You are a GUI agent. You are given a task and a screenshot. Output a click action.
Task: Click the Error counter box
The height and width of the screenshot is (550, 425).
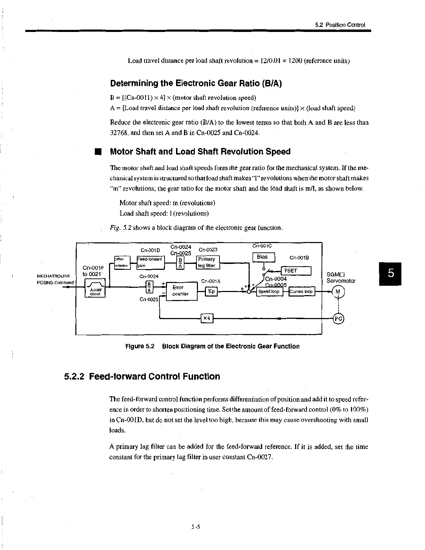pos(182,291)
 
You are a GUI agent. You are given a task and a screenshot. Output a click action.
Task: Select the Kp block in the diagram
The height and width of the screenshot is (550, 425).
pos(211,291)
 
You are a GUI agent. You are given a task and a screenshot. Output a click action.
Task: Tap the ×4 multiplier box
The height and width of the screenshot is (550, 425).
pos(207,318)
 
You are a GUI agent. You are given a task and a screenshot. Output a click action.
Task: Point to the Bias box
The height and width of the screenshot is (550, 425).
pos(264,257)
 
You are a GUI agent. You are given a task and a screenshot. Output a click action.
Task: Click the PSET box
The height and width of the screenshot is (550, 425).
pos(296,271)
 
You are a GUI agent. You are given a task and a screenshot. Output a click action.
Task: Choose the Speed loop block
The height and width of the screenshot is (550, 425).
pos(269,292)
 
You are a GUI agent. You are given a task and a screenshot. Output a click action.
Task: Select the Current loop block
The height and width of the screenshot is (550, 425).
pos(301,292)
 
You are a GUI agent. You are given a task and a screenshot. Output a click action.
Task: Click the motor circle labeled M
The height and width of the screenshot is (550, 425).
pos(338,292)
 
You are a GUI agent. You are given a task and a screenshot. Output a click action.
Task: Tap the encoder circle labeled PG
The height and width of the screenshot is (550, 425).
pos(338,318)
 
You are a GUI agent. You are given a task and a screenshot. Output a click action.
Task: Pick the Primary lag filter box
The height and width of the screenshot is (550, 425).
pos(208,262)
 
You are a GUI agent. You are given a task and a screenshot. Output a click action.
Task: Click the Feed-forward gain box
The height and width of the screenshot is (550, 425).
pos(150,262)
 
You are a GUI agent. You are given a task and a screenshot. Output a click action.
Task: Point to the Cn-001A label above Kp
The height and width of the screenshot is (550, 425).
pos(211,281)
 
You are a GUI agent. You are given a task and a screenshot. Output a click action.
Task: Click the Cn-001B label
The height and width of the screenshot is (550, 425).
pos(299,258)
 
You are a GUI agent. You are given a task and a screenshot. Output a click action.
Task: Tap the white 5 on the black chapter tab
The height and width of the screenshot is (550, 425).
pos(391,274)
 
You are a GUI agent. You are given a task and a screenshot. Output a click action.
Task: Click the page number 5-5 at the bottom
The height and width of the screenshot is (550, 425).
pos(195,527)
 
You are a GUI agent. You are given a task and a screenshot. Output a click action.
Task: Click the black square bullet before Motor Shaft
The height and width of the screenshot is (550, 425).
pos(98,152)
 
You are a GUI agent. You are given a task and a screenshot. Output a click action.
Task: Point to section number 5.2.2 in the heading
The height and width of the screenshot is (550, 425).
pos(74,377)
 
